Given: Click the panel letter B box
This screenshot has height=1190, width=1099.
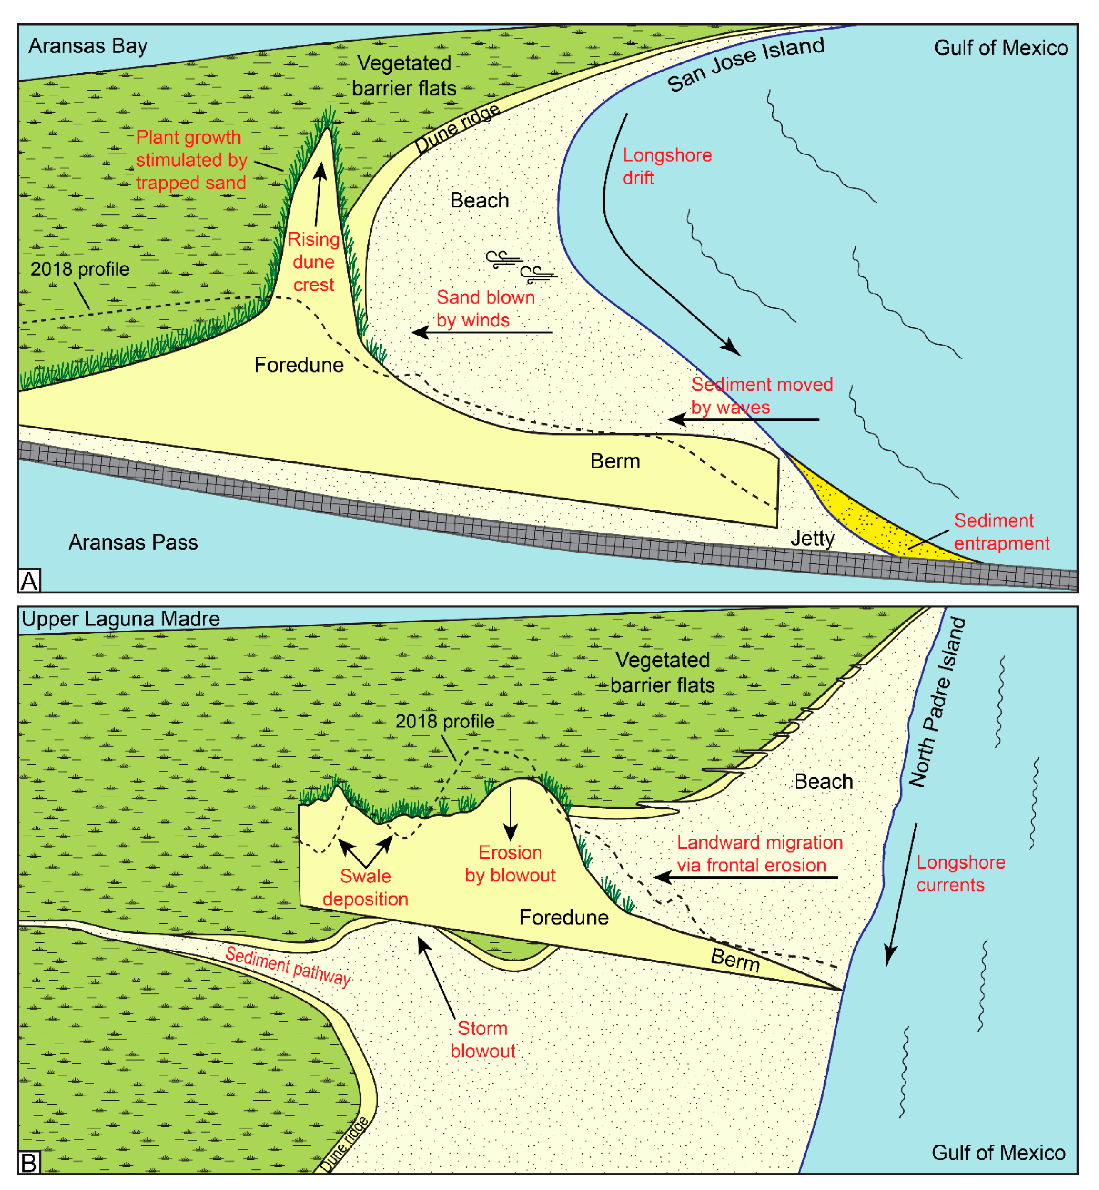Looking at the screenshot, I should [29, 1162].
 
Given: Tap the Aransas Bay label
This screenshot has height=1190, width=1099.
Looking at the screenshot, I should [88, 46].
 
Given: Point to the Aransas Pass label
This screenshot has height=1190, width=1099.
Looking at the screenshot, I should [133, 543].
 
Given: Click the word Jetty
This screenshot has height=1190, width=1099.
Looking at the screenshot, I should [812, 538].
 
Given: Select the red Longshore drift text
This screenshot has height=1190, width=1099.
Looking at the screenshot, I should [667, 166].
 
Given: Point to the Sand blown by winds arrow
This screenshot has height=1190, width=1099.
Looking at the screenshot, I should [482, 332].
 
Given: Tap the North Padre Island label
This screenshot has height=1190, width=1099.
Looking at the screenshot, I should [938, 702].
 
